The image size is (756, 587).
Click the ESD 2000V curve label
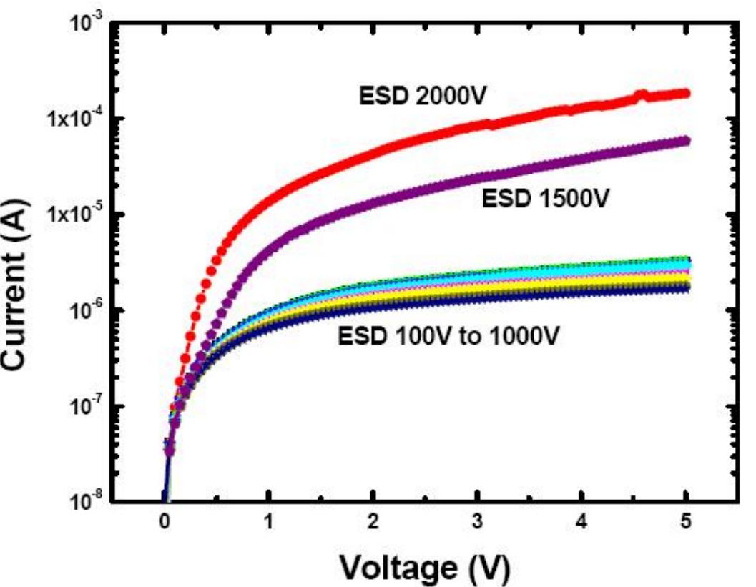click(421, 96)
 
